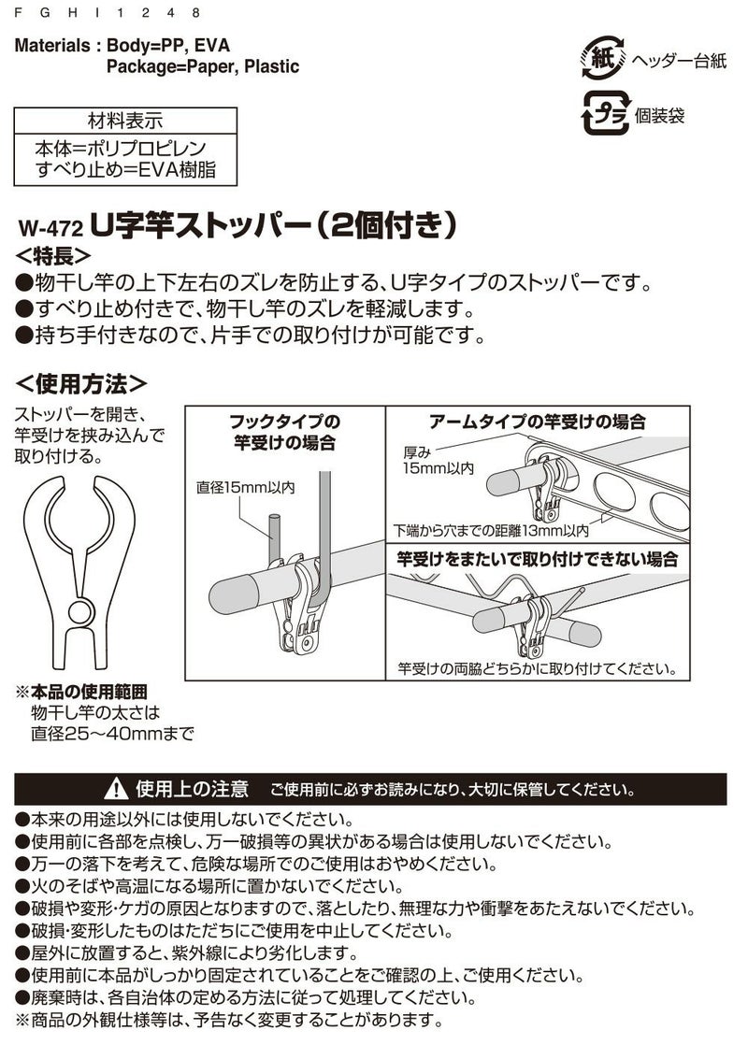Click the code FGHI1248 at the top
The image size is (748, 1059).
click(x=108, y=13)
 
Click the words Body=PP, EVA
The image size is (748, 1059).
click(x=168, y=46)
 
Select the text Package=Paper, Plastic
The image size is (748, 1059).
click(x=203, y=67)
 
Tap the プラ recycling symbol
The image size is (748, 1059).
click(x=603, y=116)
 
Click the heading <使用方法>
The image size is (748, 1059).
click(x=82, y=383)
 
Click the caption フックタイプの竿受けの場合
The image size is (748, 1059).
click(x=286, y=431)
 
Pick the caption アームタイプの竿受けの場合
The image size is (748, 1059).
click(x=537, y=422)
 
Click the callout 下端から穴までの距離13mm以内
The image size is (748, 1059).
click(x=492, y=530)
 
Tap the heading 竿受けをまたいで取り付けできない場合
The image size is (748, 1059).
click(x=535, y=559)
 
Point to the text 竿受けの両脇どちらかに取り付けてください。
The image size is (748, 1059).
click(x=536, y=669)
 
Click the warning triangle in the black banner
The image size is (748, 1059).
click(x=117, y=787)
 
